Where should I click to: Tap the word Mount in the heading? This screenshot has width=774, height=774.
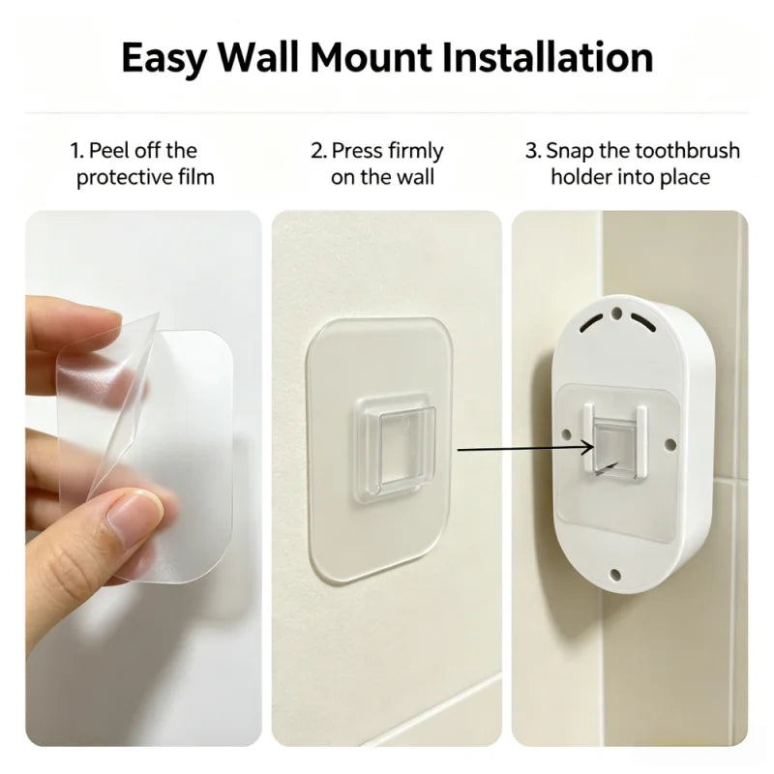click(x=372, y=57)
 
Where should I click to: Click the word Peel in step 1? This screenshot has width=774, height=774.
click(x=109, y=151)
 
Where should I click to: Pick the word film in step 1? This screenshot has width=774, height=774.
click(x=196, y=177)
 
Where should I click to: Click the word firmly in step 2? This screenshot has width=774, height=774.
click(x=416, y=152)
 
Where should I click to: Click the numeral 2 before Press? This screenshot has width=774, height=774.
click(x=316, y=151)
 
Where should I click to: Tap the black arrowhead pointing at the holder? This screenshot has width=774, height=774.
click(x=587, y=448)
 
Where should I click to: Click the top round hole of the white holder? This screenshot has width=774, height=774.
click(x=616, y=313)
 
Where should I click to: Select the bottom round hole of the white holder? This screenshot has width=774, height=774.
click(x=615, y=575)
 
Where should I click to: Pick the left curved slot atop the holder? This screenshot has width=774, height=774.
click(x=592, y=323)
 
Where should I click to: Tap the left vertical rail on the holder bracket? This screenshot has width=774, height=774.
click(x=588, y=437)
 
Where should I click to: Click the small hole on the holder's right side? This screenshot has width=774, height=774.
click(x=670, y=444)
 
